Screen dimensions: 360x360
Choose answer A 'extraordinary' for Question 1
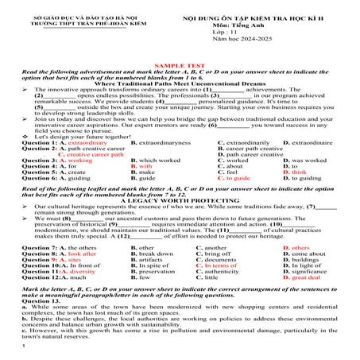83,142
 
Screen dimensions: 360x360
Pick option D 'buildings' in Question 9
300,260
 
